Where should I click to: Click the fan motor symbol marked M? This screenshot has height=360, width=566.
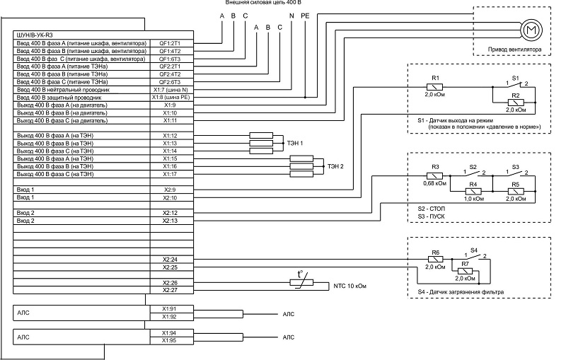coord(531,30)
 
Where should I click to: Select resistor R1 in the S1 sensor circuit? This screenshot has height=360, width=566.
coord(434,87)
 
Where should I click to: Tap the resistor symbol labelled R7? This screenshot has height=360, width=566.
coord(465,272)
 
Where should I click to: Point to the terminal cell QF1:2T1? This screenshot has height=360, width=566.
coord(171,43)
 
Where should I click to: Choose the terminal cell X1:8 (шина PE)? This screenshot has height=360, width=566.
coord(171,98)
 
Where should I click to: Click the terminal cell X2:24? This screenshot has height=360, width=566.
coord(171,260)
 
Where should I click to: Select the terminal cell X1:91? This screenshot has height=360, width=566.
coord(171,309)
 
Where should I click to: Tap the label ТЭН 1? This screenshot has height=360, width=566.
coord(295,143)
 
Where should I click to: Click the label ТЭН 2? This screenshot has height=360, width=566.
coord(335,166)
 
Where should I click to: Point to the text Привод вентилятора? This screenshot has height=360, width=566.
coord(514,50)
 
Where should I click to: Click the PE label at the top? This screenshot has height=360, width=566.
coord(305,16)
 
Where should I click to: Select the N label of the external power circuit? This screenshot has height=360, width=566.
coord(291,16)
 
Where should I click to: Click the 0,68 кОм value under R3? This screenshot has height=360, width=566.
coord(434,183)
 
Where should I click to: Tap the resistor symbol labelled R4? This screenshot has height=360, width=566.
coord(473,192)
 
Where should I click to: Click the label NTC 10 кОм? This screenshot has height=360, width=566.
coord(350,286)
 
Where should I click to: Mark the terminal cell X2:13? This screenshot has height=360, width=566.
coord(171,221)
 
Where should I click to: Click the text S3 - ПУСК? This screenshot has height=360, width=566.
coord(431,216)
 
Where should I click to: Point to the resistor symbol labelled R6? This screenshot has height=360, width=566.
coord(435,260)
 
